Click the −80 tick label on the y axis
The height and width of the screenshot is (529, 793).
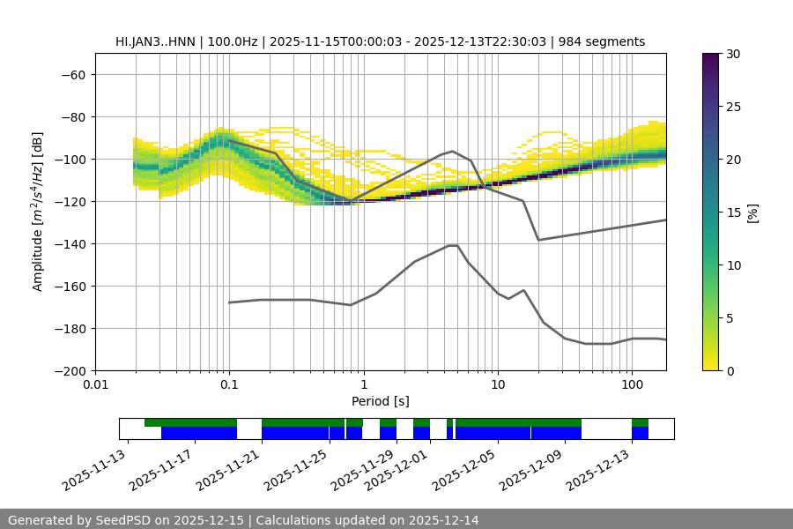click(x=73, y=116)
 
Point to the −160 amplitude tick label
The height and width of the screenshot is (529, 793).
click(x=70, y=286)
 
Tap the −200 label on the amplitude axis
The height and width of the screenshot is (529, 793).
click(x=70, y=370)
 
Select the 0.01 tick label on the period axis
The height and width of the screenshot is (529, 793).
click(x=95, y=385)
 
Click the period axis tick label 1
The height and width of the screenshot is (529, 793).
click(x=363, y=385)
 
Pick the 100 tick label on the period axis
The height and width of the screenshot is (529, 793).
click(x=632, y=385)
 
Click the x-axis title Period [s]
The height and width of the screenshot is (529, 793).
click(x=381, y=401)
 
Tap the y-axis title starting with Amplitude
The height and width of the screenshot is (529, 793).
click(x=37, y=212)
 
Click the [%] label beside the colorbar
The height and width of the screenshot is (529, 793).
click(x=752, y=212)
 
